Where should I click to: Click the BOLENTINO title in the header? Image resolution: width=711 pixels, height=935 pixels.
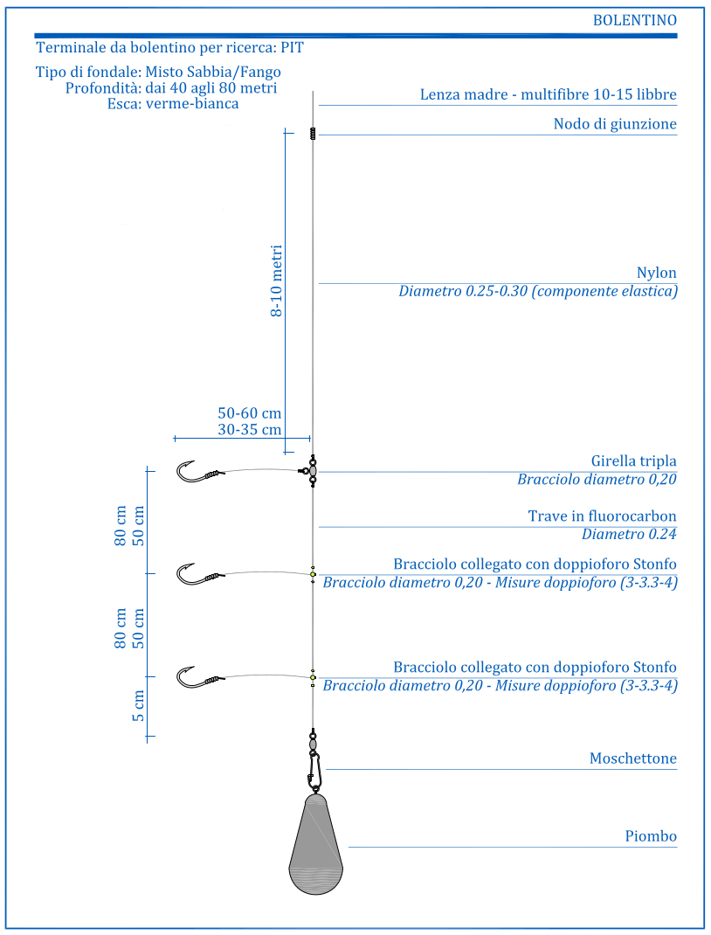tap(635, 20)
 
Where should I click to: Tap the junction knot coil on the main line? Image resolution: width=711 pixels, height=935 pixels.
tap(313, 134)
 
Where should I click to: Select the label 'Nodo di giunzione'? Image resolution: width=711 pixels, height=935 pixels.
tap(615, 124)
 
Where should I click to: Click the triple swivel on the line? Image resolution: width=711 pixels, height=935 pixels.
tap(310, 470)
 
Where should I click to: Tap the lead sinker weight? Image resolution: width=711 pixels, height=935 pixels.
tap(315, 844)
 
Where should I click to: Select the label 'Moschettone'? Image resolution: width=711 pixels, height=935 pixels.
tap(633, 758)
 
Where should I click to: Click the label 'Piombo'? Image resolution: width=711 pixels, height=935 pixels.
tap(651, 836)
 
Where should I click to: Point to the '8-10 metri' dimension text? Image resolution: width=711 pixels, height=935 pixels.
tap(277, 280)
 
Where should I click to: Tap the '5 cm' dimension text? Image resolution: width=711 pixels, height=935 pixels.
tap(138, 706)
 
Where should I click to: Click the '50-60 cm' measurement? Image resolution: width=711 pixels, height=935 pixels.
tap(249, 413)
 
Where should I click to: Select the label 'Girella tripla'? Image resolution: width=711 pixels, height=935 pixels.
tap(633, 461)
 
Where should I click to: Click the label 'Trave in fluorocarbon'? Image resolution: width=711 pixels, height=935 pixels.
tap(602, 516)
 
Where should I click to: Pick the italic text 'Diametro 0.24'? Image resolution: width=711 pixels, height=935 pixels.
tap(629, 534)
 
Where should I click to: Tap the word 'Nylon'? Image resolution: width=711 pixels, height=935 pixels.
tap(656, 273)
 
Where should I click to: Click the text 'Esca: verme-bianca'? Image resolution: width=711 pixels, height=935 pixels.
tap(173, 104)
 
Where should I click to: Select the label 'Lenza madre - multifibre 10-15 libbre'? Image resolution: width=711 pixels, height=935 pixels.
tap(549, 94)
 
